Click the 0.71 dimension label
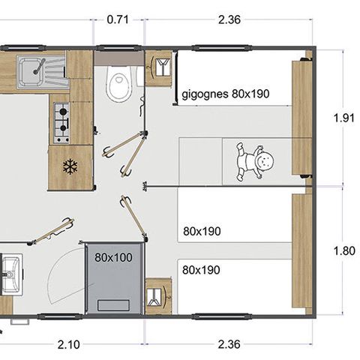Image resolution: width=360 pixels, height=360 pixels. (x=118, y=20)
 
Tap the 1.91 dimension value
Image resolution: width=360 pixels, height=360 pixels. (x=343, y=117)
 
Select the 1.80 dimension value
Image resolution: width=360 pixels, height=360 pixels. (x=343, y=251)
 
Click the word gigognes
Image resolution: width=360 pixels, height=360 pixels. (x=205, y=95)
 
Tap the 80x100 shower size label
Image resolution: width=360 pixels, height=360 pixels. (x=112, y=256)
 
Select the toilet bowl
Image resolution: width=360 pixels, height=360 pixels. (x=118, y=85)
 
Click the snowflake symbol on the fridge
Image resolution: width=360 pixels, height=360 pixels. (x=70, y=166)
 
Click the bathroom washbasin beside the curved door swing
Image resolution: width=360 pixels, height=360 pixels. (x=10, y=274)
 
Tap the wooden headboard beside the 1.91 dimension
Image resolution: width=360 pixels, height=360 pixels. (x=301, y=117)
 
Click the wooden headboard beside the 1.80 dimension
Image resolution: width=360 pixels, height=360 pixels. (x=301, y=251)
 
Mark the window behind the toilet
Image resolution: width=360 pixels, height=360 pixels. (x=118, y=49)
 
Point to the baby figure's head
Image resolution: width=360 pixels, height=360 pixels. (x=263, y=160)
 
